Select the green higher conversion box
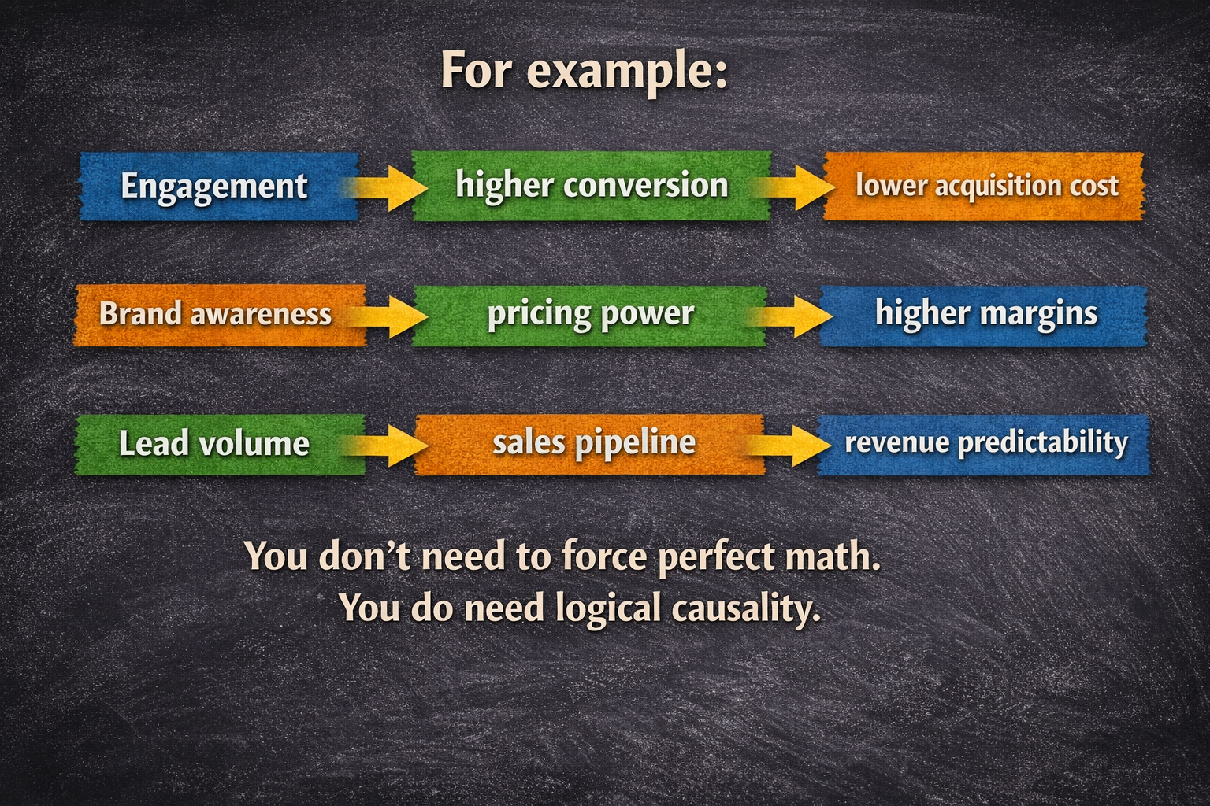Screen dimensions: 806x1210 (x=591, y=186)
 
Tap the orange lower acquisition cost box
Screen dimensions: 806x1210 (x=985, y=187)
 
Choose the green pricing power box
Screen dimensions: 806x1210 (x=590, y=314)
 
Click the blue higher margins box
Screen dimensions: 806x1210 (x=985, y=314)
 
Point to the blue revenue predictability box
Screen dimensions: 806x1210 (x=985, y=443)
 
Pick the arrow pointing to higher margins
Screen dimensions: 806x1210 (x=796, y=316)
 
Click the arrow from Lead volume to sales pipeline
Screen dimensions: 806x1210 (x=391, y=446)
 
